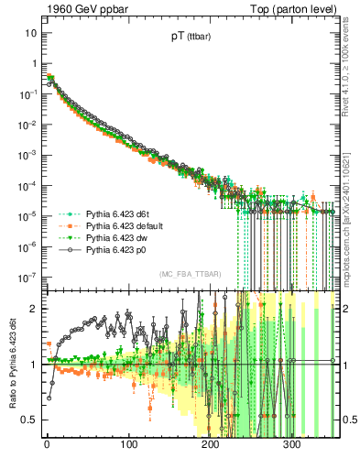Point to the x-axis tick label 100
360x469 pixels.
click(x=128, y=445)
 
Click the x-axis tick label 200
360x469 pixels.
click(x=210, y=445)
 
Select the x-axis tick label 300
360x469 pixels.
click(x=291, y=445)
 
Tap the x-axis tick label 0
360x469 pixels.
click(x=47, y=445)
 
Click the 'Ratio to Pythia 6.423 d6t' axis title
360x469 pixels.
click(x=12, y=365)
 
